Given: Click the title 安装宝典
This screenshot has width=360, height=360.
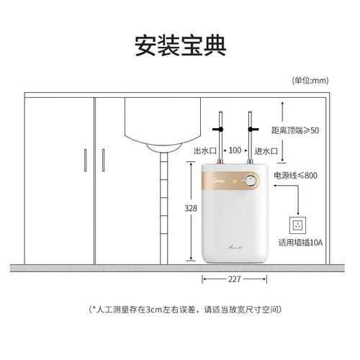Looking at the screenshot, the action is point(181,45).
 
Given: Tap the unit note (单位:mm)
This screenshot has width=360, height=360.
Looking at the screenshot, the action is point(310,81).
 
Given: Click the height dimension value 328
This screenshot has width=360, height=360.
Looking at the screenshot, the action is point(191,208).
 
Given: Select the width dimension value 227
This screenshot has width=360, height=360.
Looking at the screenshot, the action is point(234,279).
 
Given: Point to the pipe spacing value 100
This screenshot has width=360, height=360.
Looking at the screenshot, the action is point(235,150).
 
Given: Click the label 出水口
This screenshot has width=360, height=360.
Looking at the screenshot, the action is point(205,151).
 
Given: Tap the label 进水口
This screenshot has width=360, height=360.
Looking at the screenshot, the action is point(266,151).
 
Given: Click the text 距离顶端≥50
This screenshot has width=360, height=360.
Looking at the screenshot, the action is point(295,130).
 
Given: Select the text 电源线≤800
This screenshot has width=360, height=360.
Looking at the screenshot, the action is point(295,176).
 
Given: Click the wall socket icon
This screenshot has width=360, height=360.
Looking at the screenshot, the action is point(298,225).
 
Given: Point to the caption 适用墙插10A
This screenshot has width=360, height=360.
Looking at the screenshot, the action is point(300,243).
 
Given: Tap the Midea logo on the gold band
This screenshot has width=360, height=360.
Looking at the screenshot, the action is point(219,180).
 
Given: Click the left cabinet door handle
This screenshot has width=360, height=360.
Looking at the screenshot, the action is point(85,160).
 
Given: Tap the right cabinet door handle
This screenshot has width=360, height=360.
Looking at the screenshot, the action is point(104,160).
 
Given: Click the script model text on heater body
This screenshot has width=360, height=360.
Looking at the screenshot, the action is point(235,246).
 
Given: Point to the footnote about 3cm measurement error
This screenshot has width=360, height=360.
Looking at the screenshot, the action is point(185,310).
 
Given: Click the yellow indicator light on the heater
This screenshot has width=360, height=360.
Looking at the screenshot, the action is point(235,181).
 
